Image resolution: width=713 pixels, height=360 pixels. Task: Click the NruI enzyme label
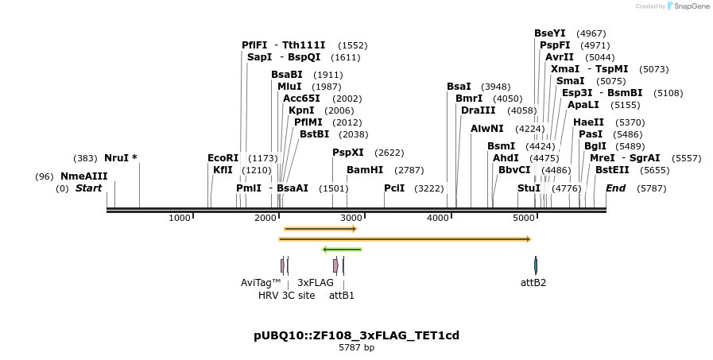(x=120, y=158)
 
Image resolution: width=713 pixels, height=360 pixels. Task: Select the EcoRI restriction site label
(x=223, y=158)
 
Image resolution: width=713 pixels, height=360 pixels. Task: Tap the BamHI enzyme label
(x=365, y=170)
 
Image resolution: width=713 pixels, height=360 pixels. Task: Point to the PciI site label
(x=394, y=188)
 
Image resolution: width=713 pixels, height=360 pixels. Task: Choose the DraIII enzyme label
(x=478, y=110)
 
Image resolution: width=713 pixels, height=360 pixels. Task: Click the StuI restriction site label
(x=529, y=188)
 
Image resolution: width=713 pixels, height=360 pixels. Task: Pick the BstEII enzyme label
(x=612, y=170)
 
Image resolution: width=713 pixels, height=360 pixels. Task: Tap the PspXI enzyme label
(x=347, y=153)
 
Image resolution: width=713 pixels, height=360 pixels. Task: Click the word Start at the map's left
(x=88, y=188)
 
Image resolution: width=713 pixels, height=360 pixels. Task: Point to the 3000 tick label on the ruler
(x=352, y=218)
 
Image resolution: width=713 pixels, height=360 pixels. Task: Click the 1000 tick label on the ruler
(x=180, y=218)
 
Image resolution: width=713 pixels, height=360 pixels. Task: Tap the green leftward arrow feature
(x=342, y=250)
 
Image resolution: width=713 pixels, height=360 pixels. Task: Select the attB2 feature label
(x=533, y=282)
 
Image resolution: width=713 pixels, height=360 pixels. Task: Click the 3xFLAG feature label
(x=316, y=282)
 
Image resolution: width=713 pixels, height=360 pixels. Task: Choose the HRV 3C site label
(x=285, y=295)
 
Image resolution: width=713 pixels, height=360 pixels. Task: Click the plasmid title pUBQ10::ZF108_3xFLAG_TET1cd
(x=356, y=335)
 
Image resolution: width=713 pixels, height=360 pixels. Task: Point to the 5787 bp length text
(x=356, y=347)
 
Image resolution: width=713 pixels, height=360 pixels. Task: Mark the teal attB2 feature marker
(x=536, y=265)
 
